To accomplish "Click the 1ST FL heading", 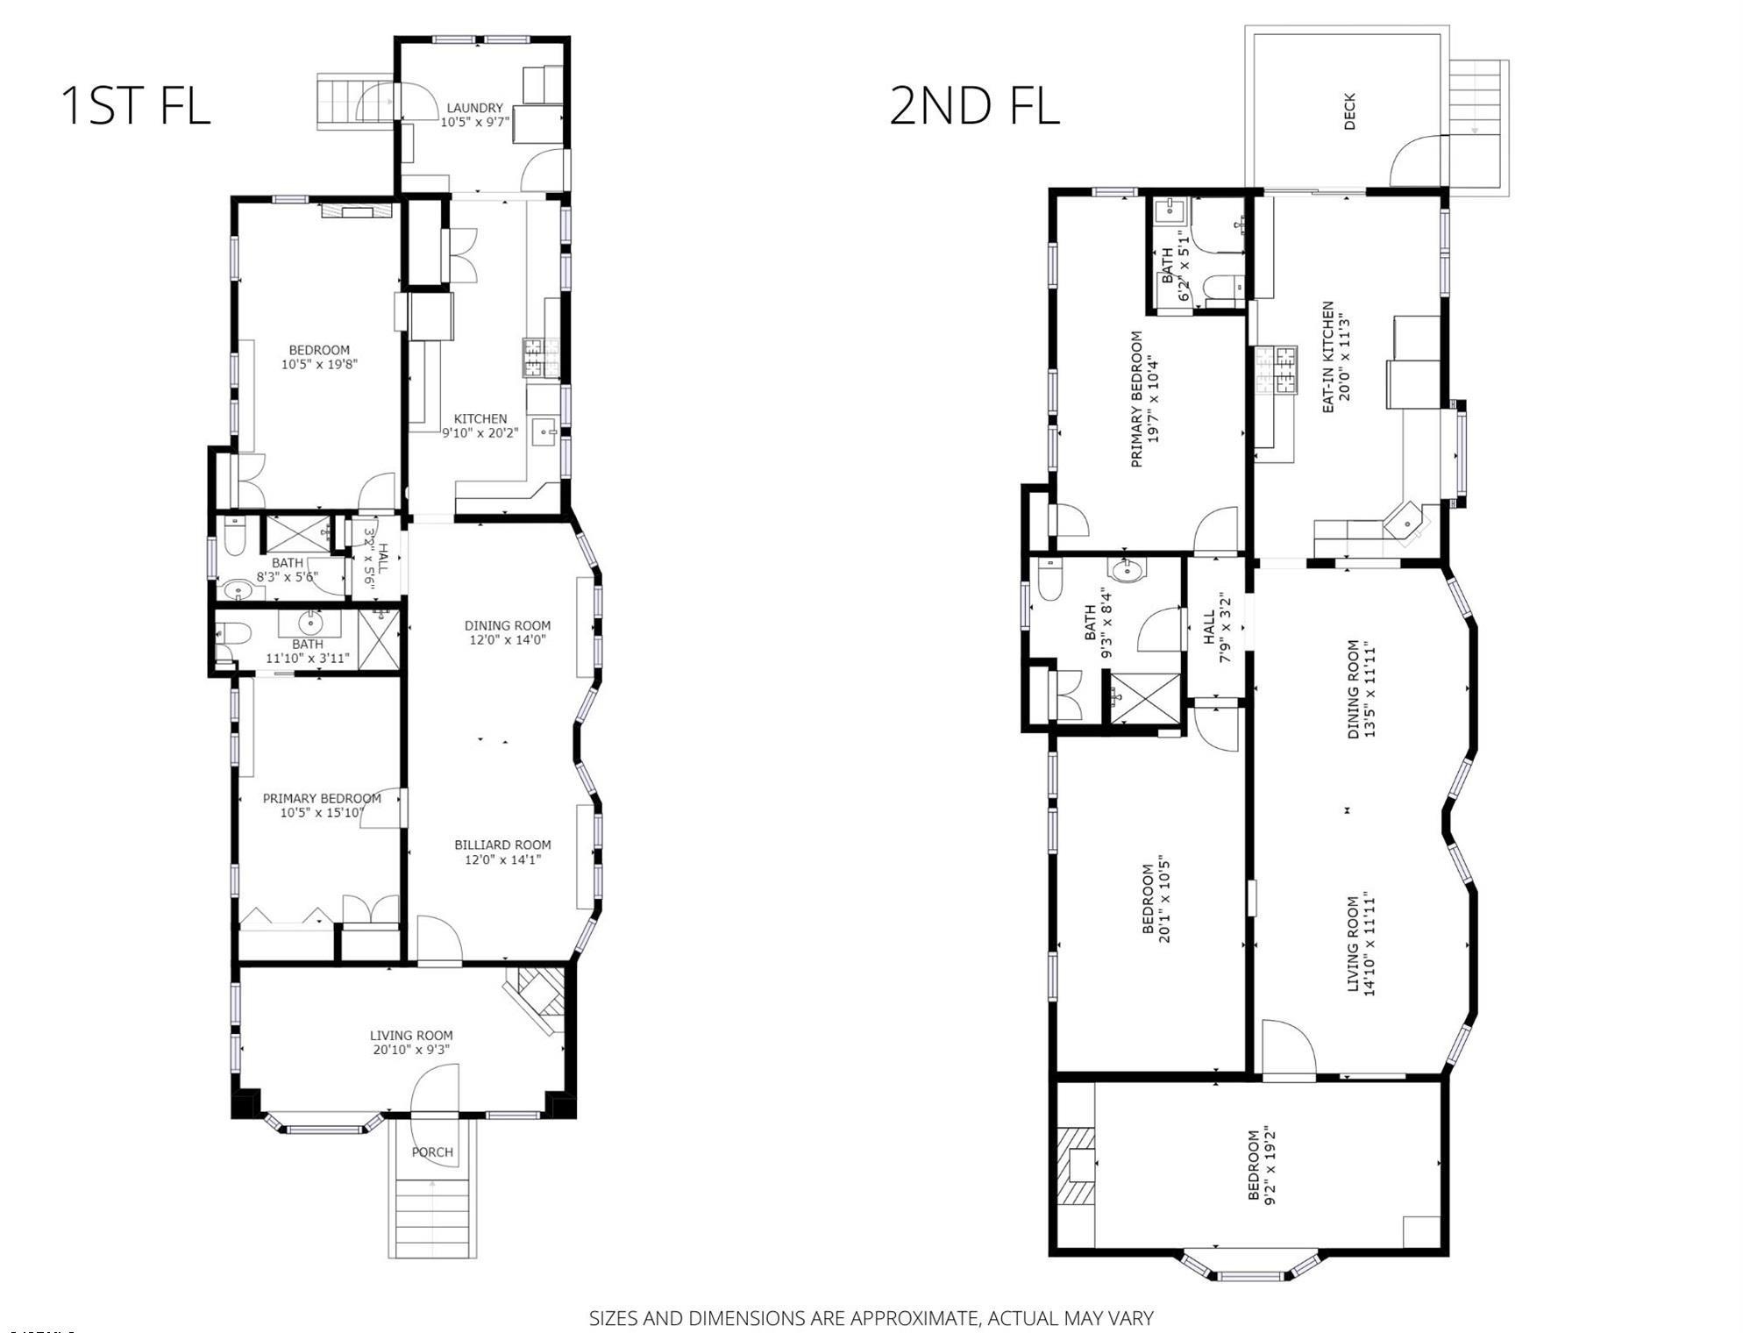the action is [x=135, y=104].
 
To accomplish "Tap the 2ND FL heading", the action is [x=974, y=105].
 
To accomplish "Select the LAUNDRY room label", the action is [x=474, y=108].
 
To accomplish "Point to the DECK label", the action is [x=1349, y=111].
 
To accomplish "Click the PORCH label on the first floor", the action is [x=433, y=1151].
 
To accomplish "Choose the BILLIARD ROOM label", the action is [x=502, y=845].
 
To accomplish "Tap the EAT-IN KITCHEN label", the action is [x=1327, y=358].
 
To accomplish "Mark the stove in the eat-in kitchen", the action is [x=1276, y=369].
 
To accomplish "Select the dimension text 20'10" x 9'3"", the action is [x=411, y=1050].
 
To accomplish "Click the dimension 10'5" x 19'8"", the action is [x=319, y=364].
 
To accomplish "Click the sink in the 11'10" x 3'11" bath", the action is [x=309, y=624].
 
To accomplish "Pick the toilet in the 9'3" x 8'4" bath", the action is [x=1049, y=579].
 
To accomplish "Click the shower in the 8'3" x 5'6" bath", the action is [x=297, y=534].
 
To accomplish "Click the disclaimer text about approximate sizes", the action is [x=871, y=1317].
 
